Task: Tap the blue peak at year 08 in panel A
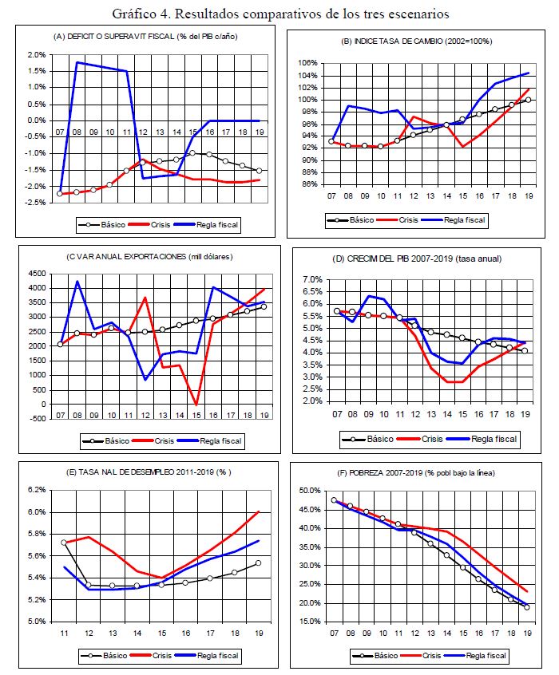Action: (77, 62)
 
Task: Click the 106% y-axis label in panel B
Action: (307, 63)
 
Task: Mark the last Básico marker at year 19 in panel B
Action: (528, 100)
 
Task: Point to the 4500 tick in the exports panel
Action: (36, 273)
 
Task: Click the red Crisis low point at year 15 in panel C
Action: (196, 404)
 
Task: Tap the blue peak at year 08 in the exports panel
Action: (77, 281)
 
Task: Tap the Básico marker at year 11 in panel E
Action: (64, 543)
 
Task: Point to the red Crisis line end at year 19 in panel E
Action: (260, 511)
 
